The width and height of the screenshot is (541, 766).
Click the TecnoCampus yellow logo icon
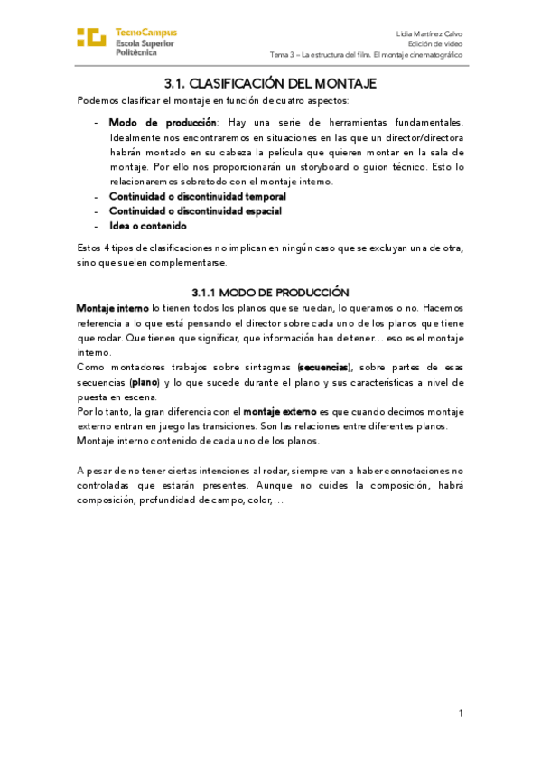coord(91,37)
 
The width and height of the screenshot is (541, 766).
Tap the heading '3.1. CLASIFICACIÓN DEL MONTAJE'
coord(270,83)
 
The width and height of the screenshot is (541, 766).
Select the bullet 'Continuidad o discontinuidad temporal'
coord(197,196)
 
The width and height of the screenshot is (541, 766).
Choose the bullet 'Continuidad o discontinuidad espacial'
coord(195,210)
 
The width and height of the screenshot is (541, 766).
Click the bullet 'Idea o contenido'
coord(147,226)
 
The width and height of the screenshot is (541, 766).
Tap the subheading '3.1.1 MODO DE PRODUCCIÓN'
coord(270,293)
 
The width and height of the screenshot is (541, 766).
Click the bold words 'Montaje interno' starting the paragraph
coord(112,308)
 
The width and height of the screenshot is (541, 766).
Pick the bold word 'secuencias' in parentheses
coord(324,368)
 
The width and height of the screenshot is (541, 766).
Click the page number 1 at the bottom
coord(461,715)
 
